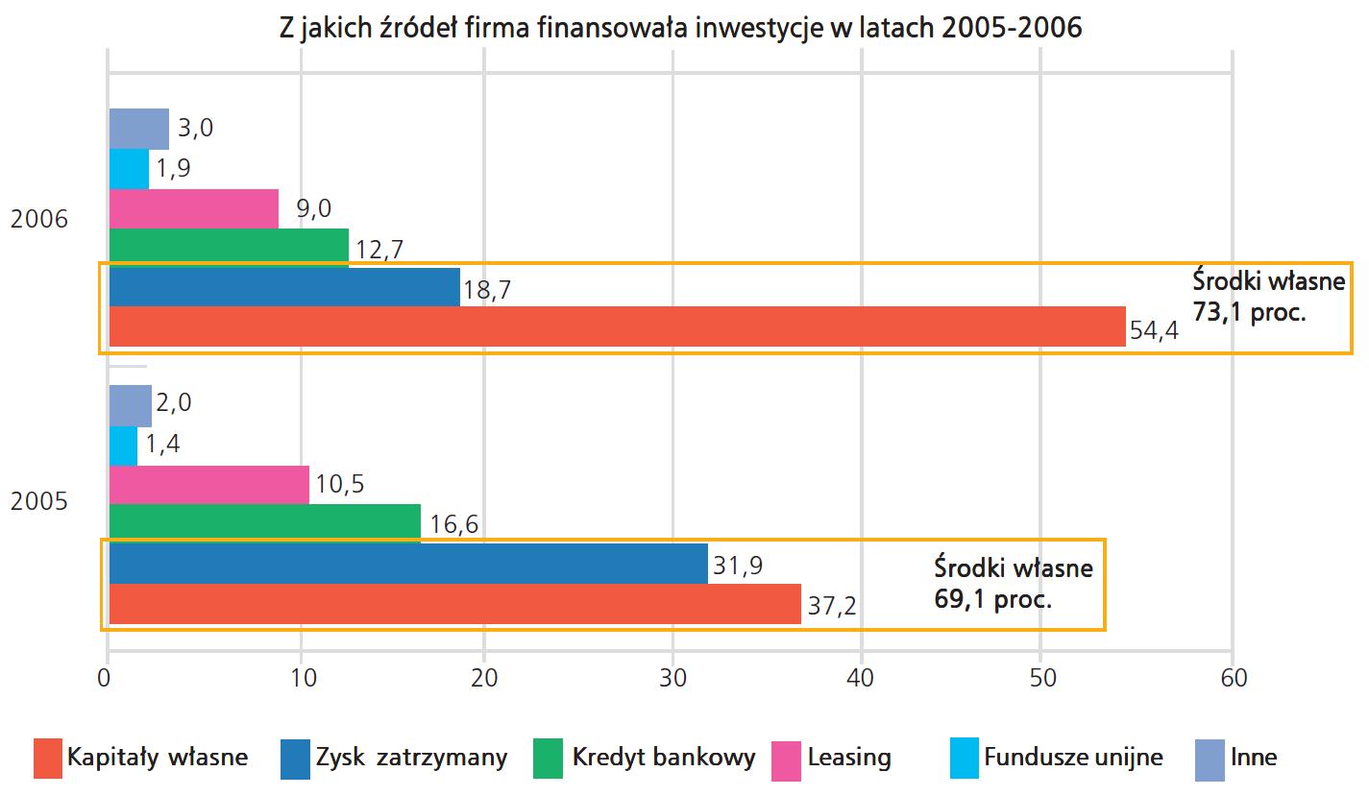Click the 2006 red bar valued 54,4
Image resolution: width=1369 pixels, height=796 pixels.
617,326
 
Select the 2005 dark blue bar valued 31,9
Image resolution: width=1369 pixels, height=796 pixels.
408,564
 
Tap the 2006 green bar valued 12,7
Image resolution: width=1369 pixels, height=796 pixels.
229,248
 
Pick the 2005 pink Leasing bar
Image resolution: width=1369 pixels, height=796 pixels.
209,484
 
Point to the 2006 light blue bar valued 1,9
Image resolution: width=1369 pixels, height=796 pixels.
129,169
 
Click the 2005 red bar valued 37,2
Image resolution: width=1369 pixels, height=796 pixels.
454,604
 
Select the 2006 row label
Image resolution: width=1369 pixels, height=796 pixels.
39,220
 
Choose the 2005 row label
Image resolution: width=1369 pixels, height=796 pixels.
39,502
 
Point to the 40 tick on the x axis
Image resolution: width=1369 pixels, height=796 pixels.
861,678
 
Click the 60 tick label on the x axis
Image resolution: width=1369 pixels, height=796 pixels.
1233,678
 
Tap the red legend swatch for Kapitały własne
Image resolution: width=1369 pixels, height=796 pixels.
47,758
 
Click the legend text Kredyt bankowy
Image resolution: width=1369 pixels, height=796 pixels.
664,758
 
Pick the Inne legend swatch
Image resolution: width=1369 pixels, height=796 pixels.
1210,758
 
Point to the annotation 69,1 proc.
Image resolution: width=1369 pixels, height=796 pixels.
992,601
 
